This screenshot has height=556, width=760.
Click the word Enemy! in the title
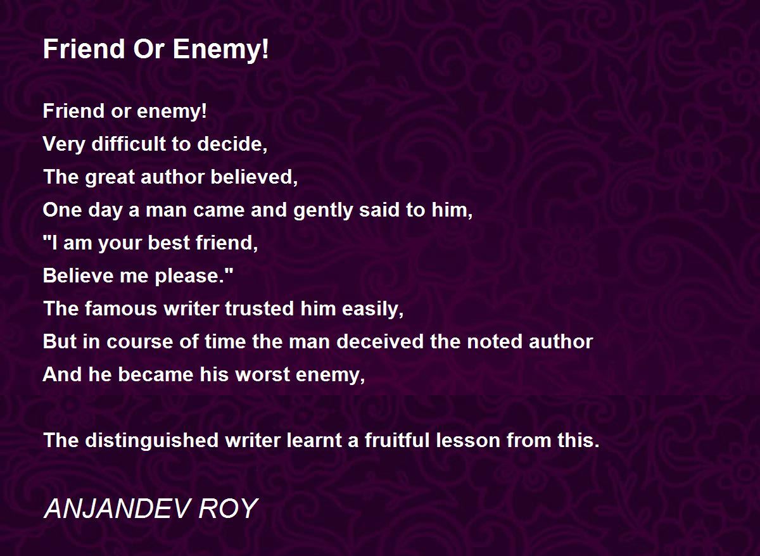pos(221,50)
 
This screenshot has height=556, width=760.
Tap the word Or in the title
pos(149,49)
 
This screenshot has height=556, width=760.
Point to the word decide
pos(232,144)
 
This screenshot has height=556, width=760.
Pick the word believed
pos(254,177)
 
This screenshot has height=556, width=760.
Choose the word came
pos(219,210)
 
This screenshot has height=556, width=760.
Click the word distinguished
pos(151,441)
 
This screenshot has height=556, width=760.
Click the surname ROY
pos(228,509)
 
